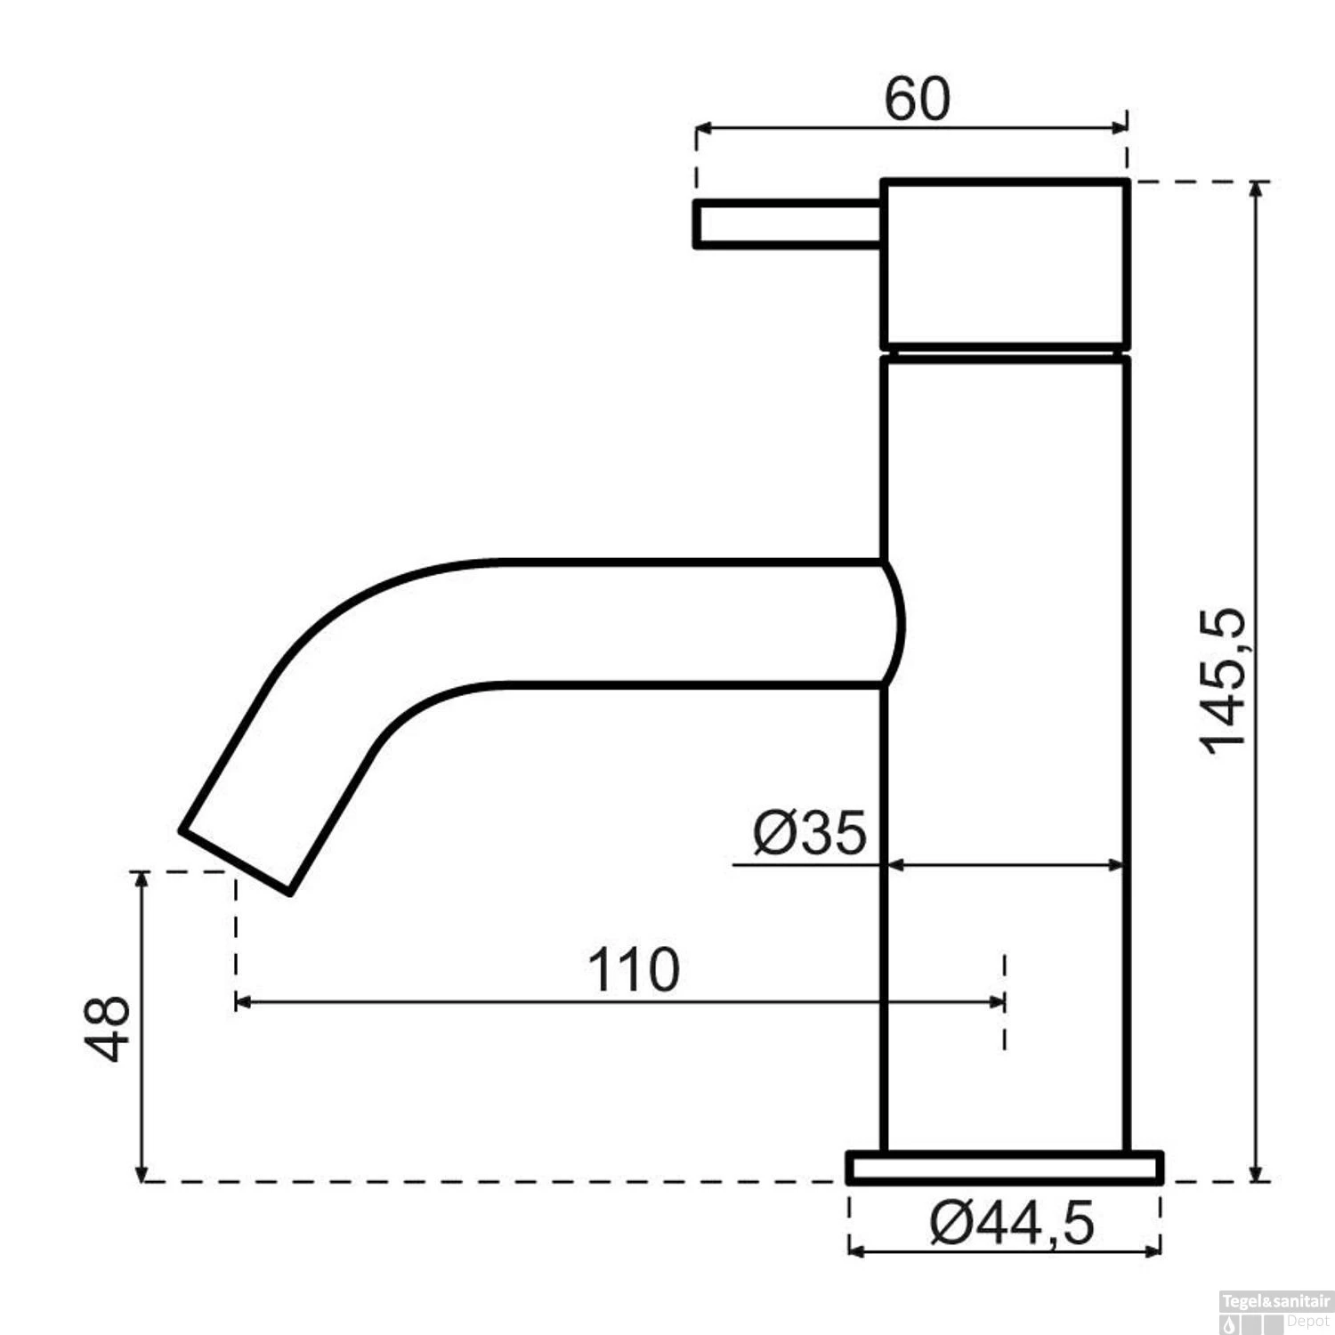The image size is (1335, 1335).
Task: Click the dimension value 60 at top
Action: (917, 100)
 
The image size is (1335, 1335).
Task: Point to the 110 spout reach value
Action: (634, 970)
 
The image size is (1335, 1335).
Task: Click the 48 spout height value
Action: (109, 1028)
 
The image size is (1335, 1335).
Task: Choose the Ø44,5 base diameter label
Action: (1012, 1225)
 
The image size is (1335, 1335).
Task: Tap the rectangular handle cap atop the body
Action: (1006, 264)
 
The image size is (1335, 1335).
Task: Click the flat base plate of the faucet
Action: (1006, 1168)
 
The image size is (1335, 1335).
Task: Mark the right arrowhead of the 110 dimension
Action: (997, 1002)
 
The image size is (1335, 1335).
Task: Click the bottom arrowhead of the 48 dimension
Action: (141, 1173)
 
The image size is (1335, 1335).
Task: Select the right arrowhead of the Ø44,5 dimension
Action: (1154, 1251)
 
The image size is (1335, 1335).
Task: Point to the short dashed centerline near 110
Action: (1005, 1001)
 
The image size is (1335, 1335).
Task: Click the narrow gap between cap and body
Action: (1006, 352)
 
